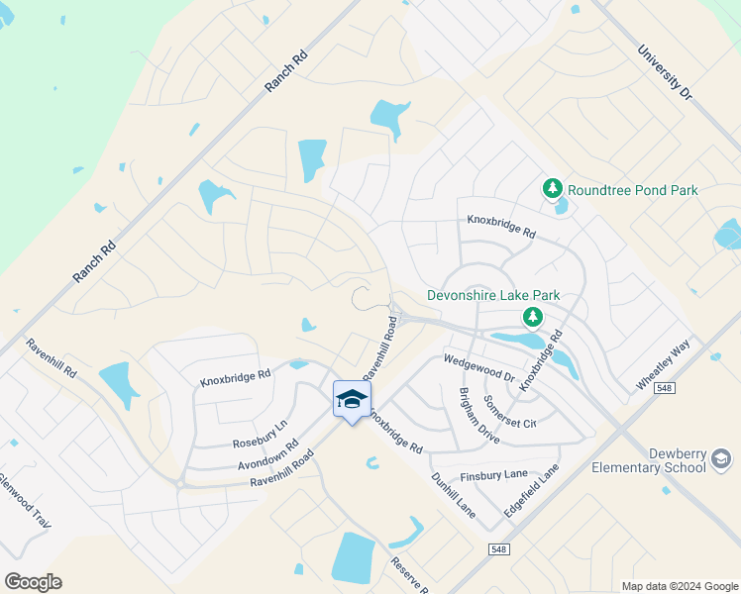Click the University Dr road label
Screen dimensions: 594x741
[x=665, y=71]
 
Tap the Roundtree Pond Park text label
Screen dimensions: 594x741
[x=633, y=190]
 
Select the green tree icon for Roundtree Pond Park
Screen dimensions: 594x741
[x=553, y=188]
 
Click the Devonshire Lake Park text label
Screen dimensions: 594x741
[x=493, y=295]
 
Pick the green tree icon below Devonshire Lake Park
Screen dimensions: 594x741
[x=533, y=317]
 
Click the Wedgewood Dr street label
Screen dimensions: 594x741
[x=479, y=368]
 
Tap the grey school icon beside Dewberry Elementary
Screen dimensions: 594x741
[x=721, y=459]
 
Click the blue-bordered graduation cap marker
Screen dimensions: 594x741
[x=352, y=400]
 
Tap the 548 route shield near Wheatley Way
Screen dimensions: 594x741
[x=664, y=388]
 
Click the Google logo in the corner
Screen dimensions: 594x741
[x=34, y=581]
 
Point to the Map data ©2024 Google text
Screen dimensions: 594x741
[x=679, y=586]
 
